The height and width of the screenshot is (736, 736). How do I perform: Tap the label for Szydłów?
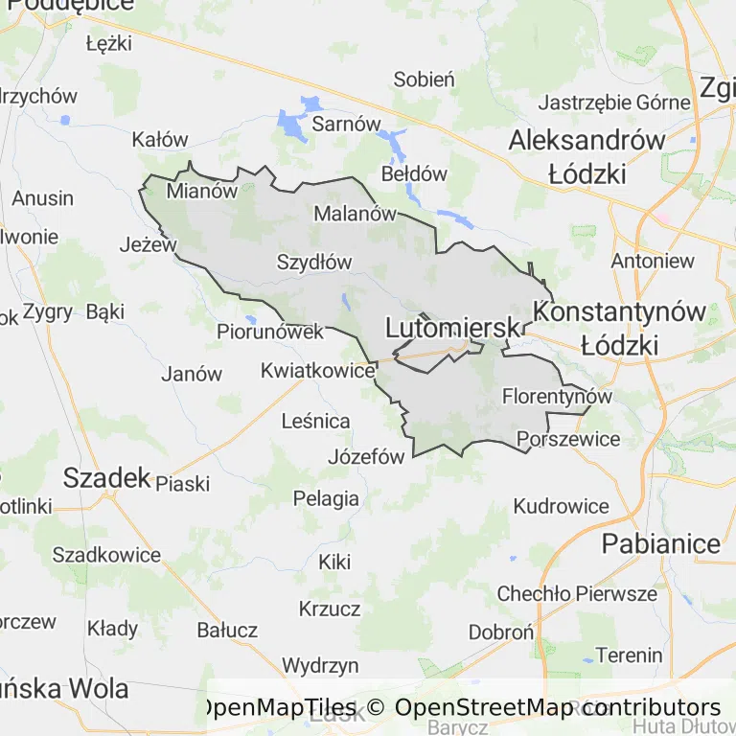[x=314, y=262]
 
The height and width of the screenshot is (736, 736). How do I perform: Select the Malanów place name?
[x=355, y=214]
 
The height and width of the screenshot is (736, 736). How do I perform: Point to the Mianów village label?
[x=201, y=191]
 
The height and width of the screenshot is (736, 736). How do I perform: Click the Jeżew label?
[x=149, y=244]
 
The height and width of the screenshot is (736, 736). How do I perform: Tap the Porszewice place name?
[x=568, y=440]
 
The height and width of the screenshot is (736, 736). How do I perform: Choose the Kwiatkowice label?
[x=317, y=369]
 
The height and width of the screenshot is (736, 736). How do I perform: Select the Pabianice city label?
[x=660, y=544]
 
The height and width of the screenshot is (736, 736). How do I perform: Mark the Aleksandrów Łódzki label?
[x=586, y=156]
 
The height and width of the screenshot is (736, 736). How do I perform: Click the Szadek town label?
[x=107, y=478]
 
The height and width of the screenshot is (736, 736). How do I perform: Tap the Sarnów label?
[x=347, y=125]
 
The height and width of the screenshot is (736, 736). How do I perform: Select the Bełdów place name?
[x=414, y=174]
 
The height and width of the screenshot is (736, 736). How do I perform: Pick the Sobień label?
[x=424, y=80]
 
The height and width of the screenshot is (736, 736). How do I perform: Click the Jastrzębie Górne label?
[x=614, y=103]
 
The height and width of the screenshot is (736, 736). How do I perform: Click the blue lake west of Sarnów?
[x=291, y=123]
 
